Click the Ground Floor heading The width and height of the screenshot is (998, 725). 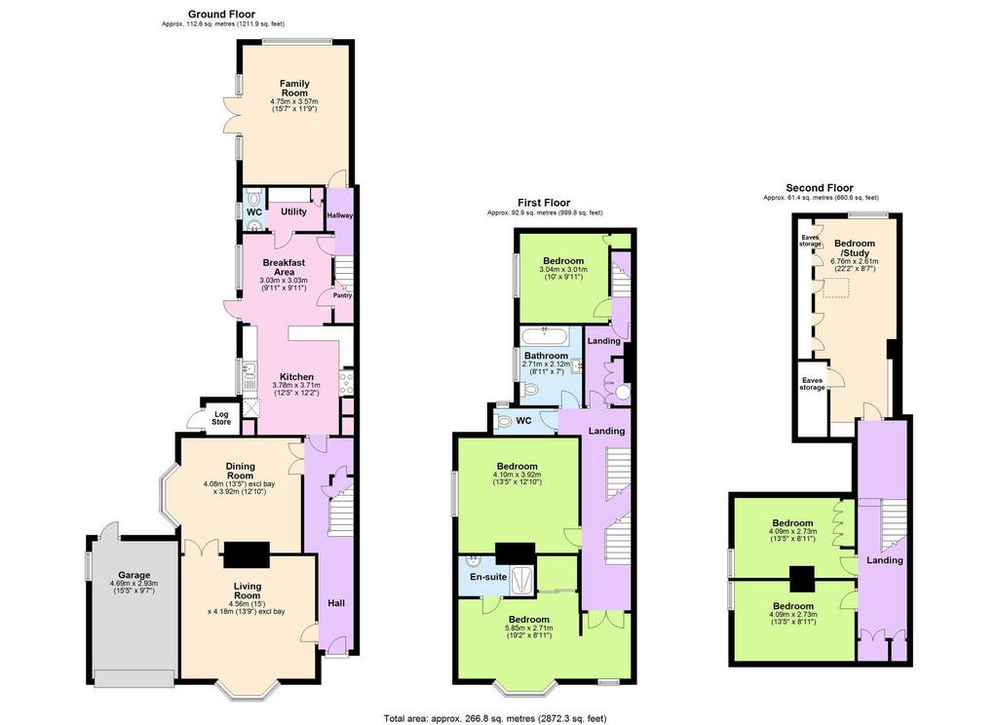click(221, 14)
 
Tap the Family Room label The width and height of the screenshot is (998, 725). click(294, 88)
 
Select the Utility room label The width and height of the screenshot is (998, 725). click(293, 211)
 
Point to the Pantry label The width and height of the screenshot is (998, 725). click(342, 295)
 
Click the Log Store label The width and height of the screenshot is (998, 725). click(221, 418)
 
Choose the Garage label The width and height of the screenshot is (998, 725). click(134, 575)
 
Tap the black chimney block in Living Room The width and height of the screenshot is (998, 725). click(247, 554)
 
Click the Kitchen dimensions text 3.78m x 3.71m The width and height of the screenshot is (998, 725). click(296, 385)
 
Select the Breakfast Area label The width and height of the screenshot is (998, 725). click(284, 267)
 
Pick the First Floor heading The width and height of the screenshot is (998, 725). click(544, 203)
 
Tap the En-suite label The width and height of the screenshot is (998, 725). click(489, 577)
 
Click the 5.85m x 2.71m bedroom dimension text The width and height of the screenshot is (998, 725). click(529, 629)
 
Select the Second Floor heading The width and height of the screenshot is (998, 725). click(819, 188)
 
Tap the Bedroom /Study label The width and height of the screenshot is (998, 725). click(854, 248)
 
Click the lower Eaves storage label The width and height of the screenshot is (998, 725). click(812, 384)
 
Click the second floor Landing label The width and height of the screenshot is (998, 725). click(885, 560)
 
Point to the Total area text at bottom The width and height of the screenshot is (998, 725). click(495, 718)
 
